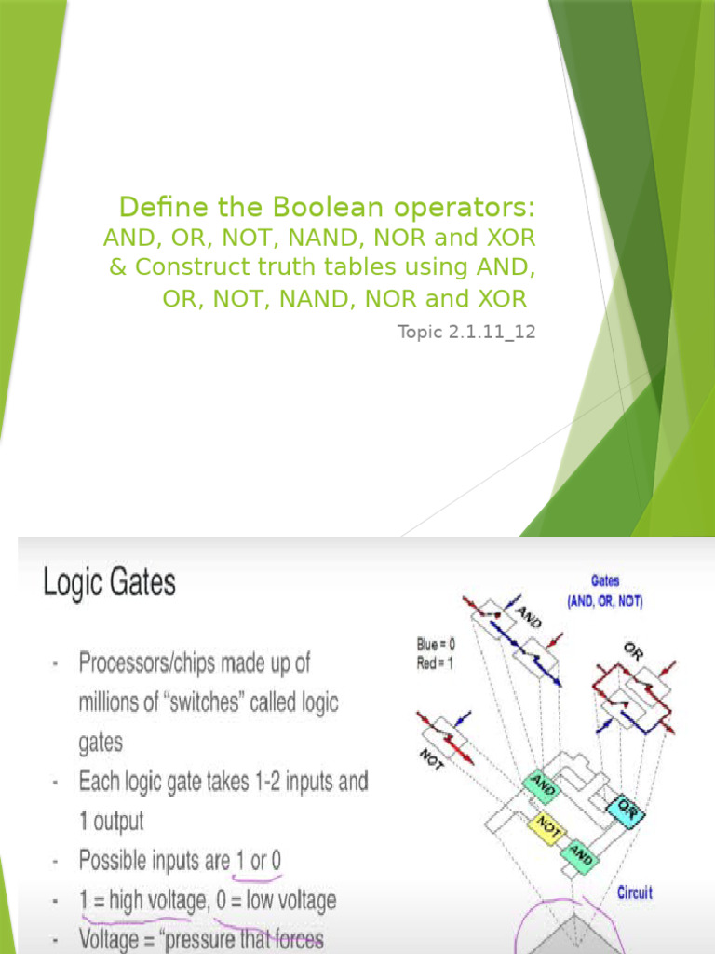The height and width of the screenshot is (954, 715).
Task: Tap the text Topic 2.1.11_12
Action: coord(466,332)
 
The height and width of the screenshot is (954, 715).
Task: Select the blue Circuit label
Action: coord(635,893)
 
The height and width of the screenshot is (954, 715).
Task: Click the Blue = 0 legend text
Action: coord(442,643)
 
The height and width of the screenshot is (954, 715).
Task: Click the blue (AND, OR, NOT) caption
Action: coord(605,602)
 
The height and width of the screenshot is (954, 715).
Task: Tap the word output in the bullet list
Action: coord(119,822)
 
